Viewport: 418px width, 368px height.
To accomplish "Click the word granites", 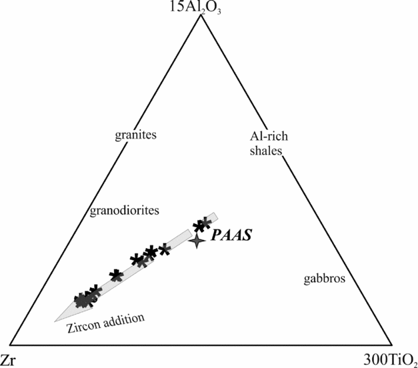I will (136, 135).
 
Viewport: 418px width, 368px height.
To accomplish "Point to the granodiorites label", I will (125, 211).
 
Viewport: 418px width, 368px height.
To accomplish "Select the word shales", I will (268, 151).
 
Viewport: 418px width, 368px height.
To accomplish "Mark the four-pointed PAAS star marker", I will (197, 241).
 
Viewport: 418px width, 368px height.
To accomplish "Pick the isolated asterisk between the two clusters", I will (116, 275).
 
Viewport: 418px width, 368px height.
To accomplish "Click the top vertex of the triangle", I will (200, 15).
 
